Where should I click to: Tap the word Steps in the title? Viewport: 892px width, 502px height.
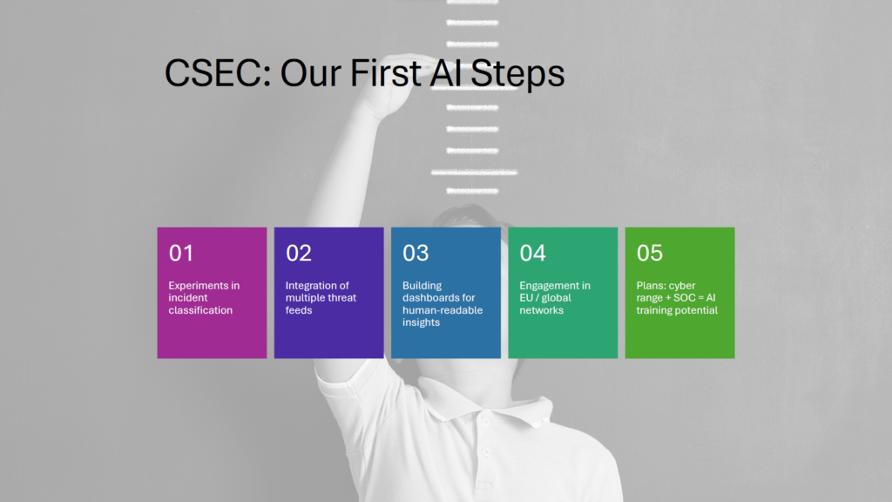[x=517, y=75]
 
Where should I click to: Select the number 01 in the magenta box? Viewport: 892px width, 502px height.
[x=181, y=254]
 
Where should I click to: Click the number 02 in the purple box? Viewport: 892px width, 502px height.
[x=299, y=254]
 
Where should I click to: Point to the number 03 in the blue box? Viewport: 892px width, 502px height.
[x=416, y=254]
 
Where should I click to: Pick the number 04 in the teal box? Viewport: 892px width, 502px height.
[x=532, y=254]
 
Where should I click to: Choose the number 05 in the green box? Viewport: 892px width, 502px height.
[x=650, y=254]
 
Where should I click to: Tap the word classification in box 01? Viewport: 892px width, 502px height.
[x=200, y=310]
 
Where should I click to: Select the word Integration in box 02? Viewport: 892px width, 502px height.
[x=311, y=286]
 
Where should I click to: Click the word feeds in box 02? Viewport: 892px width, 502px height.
[x=299, y=310]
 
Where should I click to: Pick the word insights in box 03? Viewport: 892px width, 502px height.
[x=421, y=322]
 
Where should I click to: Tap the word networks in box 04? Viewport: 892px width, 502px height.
[x=542, y=310]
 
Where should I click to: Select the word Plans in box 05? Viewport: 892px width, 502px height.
[x=651, y=286]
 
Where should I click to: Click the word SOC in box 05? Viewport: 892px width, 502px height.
[x=685, y=298]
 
